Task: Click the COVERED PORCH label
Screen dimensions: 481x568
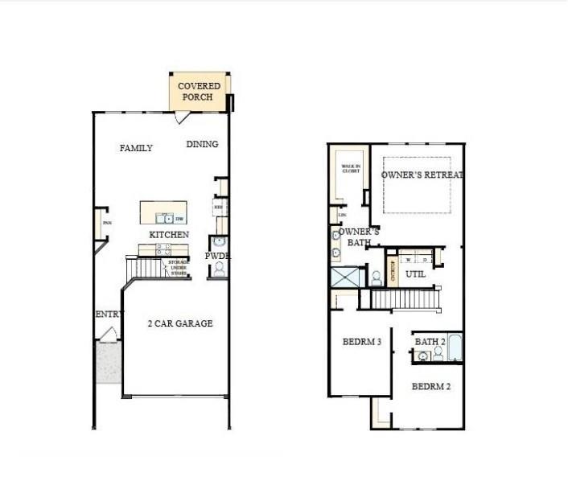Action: click(199, 92)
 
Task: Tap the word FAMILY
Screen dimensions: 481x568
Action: click(136, 148)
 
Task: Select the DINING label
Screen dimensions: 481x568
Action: click(202, 145)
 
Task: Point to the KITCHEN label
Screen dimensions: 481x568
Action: click(169, 235)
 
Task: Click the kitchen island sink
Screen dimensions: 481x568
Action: click(163, 218)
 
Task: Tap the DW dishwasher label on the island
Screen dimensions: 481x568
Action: click(180, 219)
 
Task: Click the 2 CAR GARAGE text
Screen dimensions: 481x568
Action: click(179, 323)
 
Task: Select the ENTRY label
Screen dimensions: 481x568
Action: click(108, 314)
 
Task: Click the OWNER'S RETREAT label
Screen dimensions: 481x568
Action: click(422, 175)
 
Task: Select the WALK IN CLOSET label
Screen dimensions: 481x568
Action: click(351, 171)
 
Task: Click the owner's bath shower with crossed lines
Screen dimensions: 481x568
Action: click(348, 277)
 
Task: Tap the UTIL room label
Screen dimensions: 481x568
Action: click(415, 274)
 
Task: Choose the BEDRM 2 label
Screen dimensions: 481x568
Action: click(431, 387)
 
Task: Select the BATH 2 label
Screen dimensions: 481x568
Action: click(430, 342)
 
